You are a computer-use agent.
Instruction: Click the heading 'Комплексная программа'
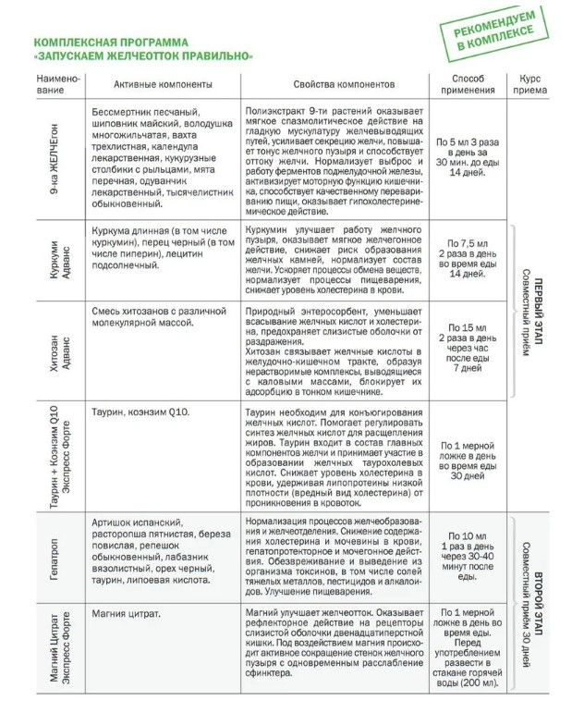(x=108, y=43)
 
